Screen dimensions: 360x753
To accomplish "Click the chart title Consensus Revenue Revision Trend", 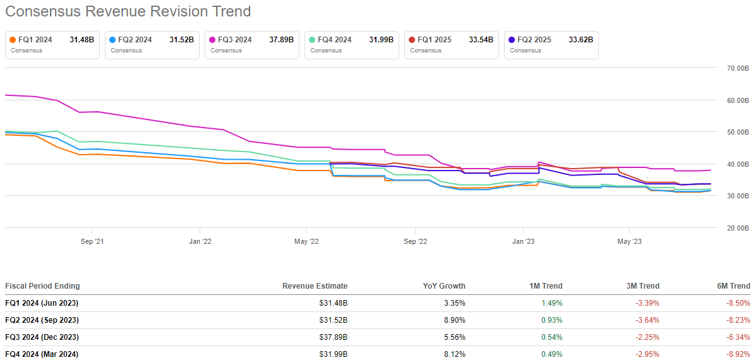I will [128, 11].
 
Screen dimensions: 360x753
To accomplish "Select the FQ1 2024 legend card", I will [52, 45].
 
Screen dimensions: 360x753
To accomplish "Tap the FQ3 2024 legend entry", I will [251, 45].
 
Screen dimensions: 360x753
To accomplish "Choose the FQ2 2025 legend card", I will [551, 45].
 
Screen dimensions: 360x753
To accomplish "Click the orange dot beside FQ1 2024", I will [13, 40].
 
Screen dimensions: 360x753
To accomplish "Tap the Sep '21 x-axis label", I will [92, 241].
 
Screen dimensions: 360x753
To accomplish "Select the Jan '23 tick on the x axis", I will [523, 241].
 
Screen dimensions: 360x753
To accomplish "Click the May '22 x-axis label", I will [306, 241].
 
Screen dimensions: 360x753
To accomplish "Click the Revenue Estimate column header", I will [315, 286].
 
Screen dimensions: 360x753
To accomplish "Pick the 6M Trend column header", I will [733, 286].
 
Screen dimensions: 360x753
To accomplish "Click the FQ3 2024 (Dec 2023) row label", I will [42, 337].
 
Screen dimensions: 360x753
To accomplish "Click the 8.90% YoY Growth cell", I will [455, 320].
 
